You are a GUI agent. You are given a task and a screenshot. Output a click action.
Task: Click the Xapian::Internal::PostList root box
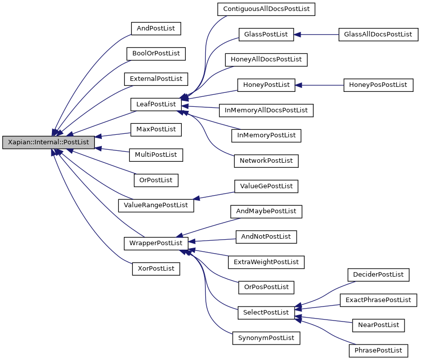click(x=48, y=142)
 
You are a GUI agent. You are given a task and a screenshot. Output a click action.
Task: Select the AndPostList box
click(x=156, y=28)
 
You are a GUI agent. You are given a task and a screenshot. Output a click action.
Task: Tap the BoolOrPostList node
click(x=156, y=53)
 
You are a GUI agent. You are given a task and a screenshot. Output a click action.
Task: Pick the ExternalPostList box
click(x=156, y=79)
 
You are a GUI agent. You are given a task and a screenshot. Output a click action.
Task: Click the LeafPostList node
click(x=156, y=104)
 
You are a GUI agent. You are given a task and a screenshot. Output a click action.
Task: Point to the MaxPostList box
click(x=156, y=129)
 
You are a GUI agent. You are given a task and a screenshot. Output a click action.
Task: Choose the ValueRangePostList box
click(x=156, y=205)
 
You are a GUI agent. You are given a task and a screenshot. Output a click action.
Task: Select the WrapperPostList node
click(x=156, y=243)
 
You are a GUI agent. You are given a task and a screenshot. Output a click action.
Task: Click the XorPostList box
click(x=156, y=269)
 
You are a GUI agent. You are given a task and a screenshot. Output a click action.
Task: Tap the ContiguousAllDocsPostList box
click(x=266, y=9)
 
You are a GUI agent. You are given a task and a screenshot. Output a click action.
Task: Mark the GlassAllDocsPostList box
click(x=378, y=34)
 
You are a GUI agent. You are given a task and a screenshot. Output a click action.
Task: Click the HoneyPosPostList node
click(x=378, y=85)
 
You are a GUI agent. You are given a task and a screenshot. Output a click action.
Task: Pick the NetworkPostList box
click(x=266, y=161)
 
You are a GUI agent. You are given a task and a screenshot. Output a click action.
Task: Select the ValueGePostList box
click(x=266, y=186)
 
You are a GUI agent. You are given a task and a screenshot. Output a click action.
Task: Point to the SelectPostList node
click(x=266, y=313)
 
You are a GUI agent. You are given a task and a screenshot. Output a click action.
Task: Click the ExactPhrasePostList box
click(x=378, y=300)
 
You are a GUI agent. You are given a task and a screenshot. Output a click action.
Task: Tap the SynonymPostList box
click(x=266, y=338)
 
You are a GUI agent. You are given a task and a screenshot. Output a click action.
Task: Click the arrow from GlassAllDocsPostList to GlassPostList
click(x=317, y=34)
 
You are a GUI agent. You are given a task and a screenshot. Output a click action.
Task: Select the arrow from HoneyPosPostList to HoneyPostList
click(x=320, y=85)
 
